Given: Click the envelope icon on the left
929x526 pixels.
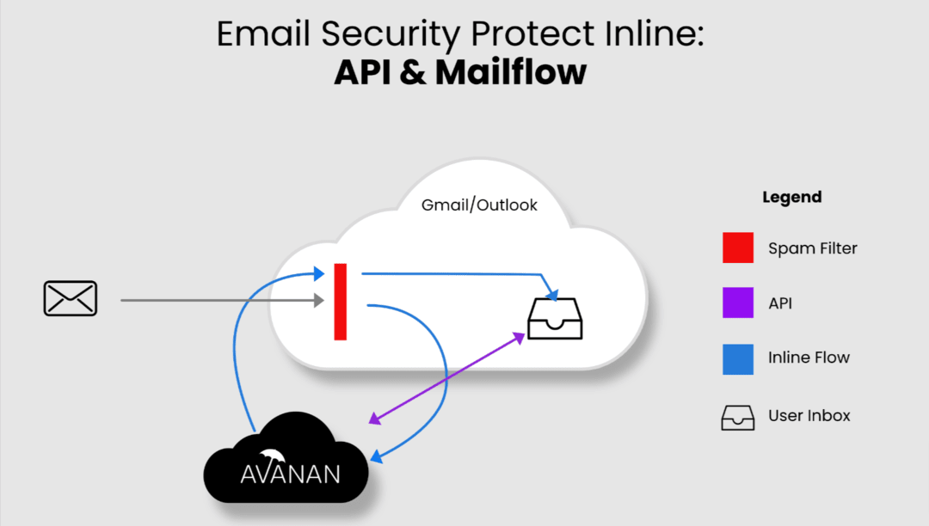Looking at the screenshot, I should pos(71,298).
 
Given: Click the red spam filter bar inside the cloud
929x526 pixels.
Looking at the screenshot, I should pos(341,302).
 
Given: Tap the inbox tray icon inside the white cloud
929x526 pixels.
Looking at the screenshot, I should pos(555,317).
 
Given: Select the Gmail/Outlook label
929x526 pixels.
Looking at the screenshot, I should pos(479,205).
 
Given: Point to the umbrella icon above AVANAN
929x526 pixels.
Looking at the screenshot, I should pos(273,456).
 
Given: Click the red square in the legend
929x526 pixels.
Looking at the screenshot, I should pos(738,248).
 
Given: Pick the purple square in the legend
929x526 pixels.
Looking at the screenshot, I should pos(738,303).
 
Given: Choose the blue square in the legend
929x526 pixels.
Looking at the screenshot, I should pos(738,359).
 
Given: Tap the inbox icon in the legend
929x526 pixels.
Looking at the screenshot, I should pos(738,417).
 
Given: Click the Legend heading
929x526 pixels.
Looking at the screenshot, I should pos(791,197).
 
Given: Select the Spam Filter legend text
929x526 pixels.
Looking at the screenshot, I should pos(812,248).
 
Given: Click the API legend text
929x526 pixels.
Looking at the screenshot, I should pos(780,303).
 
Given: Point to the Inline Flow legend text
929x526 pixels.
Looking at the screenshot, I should pos(809,358).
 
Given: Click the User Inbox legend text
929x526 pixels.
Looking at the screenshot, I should pos(809,416).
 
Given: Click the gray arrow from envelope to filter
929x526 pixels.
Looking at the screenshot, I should pos(215,301).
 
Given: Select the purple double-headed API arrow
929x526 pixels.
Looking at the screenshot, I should pos(447,377).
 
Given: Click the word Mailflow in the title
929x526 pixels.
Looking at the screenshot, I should pos(510,73).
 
